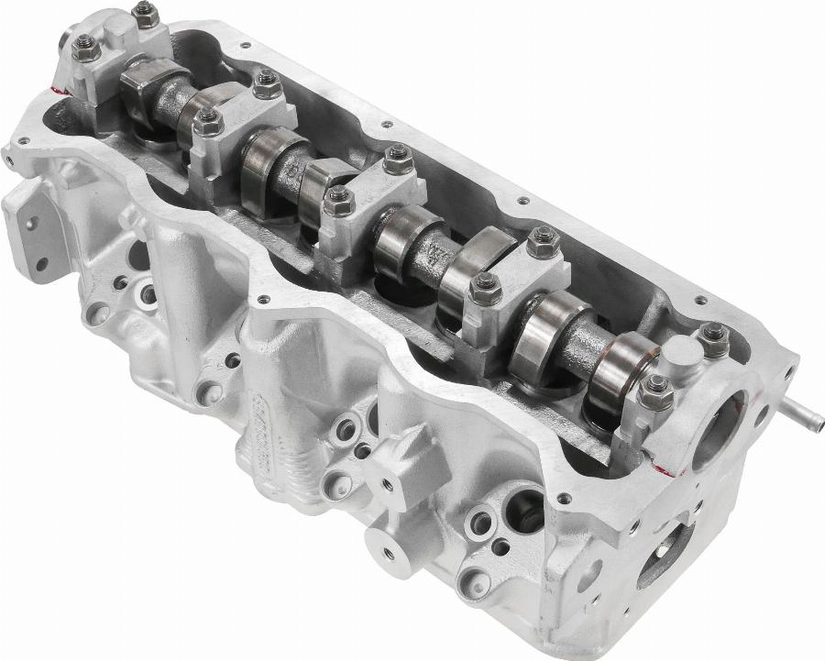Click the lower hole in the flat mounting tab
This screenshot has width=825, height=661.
point(41,265)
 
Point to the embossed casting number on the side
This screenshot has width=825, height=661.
point(268,431)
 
